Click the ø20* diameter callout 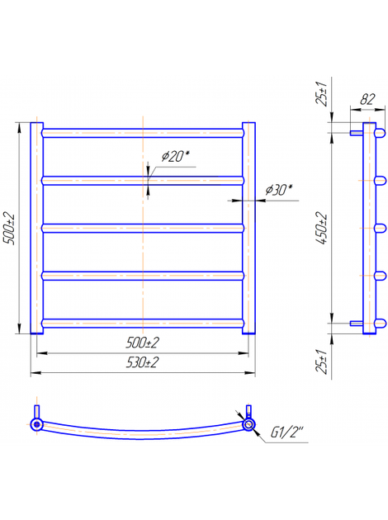(176, 156)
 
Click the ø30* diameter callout (279, 190)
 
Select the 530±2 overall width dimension (142, 362)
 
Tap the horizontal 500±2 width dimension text (142, 343)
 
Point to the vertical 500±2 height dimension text (9, 228)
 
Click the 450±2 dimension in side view (321, 228)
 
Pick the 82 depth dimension (367, 99)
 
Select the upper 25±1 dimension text (321, 93)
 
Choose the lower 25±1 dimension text (321, 362)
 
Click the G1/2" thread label (287, 433)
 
